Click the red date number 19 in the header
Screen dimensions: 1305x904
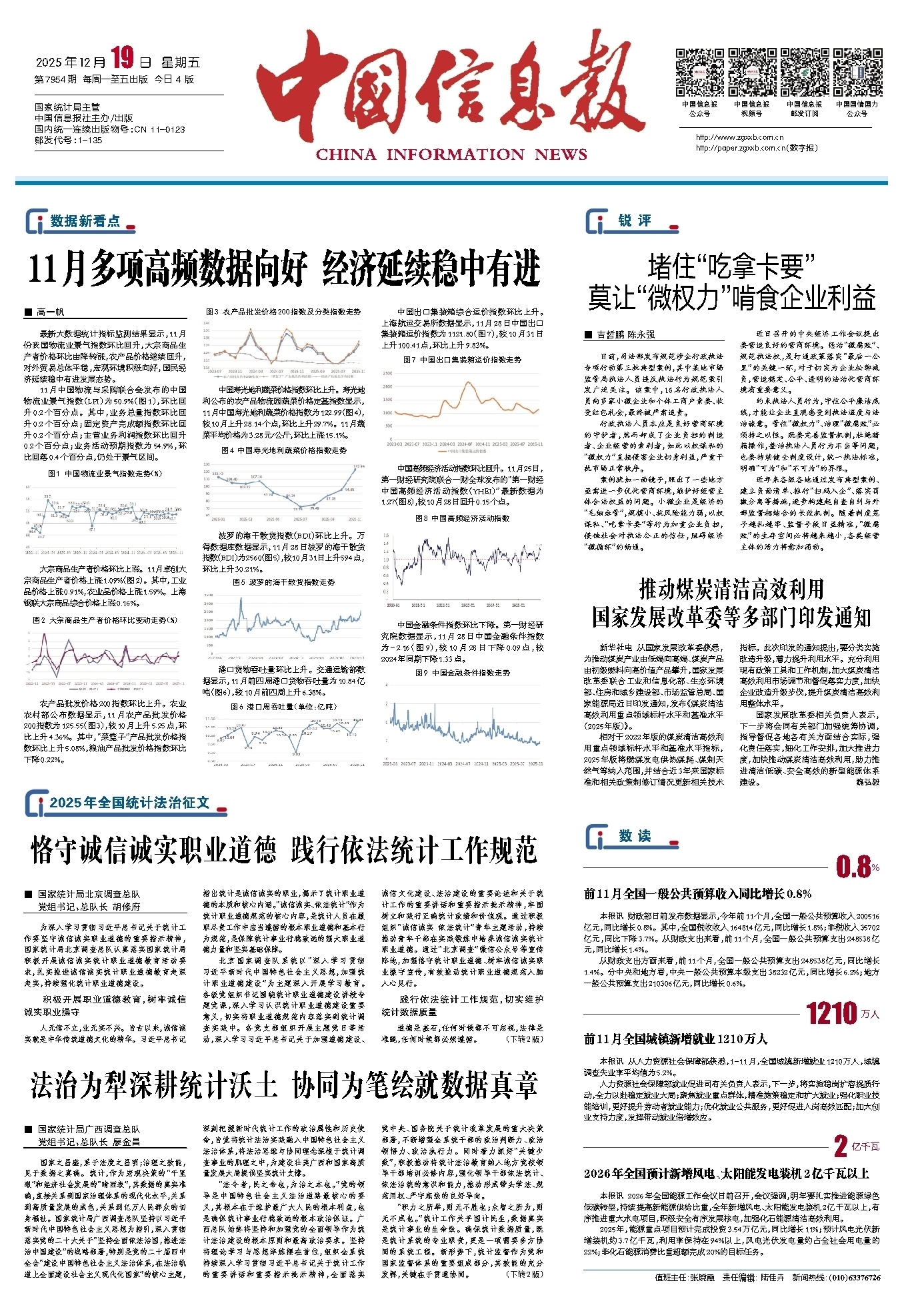tap(123, 59)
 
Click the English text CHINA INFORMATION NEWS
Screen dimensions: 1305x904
tap(451, 155)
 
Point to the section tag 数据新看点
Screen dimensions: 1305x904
tap(85, 221)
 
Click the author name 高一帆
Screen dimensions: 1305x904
tap(50, 312)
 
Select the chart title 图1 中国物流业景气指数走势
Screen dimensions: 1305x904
tap(105, 474)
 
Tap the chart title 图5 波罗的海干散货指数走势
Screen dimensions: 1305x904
tap(283, 582)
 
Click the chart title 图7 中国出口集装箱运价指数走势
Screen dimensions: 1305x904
tap(462, 360)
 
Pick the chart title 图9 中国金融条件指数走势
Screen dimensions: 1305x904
tap(462, 673)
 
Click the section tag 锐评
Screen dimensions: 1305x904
tap(634, 220)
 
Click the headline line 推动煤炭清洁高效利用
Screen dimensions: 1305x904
tap(731, 589)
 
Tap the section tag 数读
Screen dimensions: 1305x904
tap(634, 836)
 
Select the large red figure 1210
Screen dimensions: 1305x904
tap(831, 1013)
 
